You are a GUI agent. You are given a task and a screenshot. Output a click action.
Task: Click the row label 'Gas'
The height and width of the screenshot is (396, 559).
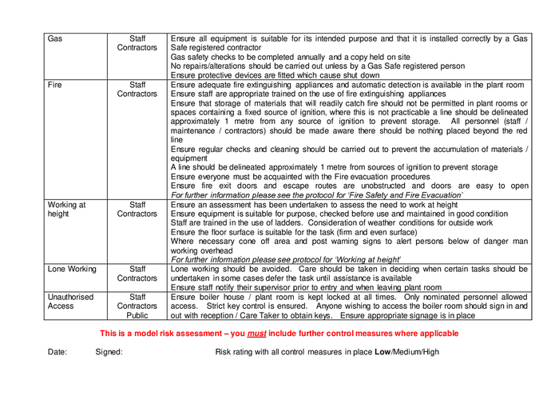[55, 38]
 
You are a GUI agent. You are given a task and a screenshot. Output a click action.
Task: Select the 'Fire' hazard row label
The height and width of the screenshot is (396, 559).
[56, 85]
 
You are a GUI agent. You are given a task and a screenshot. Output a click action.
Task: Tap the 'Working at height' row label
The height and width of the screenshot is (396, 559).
[66, 210]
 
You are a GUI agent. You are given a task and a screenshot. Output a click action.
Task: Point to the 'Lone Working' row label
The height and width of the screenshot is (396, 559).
[72, 270]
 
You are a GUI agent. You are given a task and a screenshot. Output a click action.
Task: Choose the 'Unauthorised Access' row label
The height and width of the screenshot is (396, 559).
[70, 301]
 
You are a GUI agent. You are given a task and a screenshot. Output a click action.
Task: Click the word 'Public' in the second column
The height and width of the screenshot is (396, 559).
[137, 316]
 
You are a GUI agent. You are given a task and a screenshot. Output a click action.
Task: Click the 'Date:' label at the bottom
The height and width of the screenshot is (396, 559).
[57, 352]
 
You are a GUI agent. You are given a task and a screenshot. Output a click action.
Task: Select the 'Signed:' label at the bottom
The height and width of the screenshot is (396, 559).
[109, 352]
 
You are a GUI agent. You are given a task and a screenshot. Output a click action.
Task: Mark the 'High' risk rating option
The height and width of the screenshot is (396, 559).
[430, 352]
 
